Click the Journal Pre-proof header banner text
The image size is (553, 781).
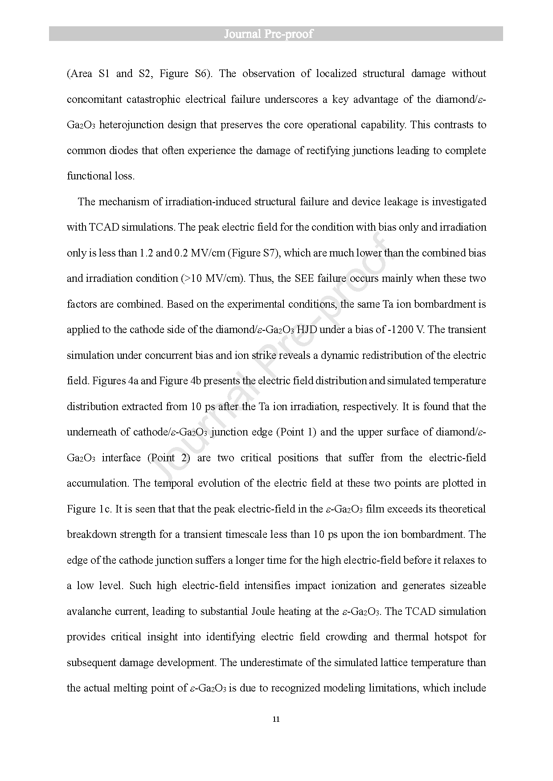tap(268, 34)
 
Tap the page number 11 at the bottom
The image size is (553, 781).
tap(276, 719)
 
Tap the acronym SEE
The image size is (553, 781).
tap(305, 278)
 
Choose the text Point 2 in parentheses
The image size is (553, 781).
tap(169, 458)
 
